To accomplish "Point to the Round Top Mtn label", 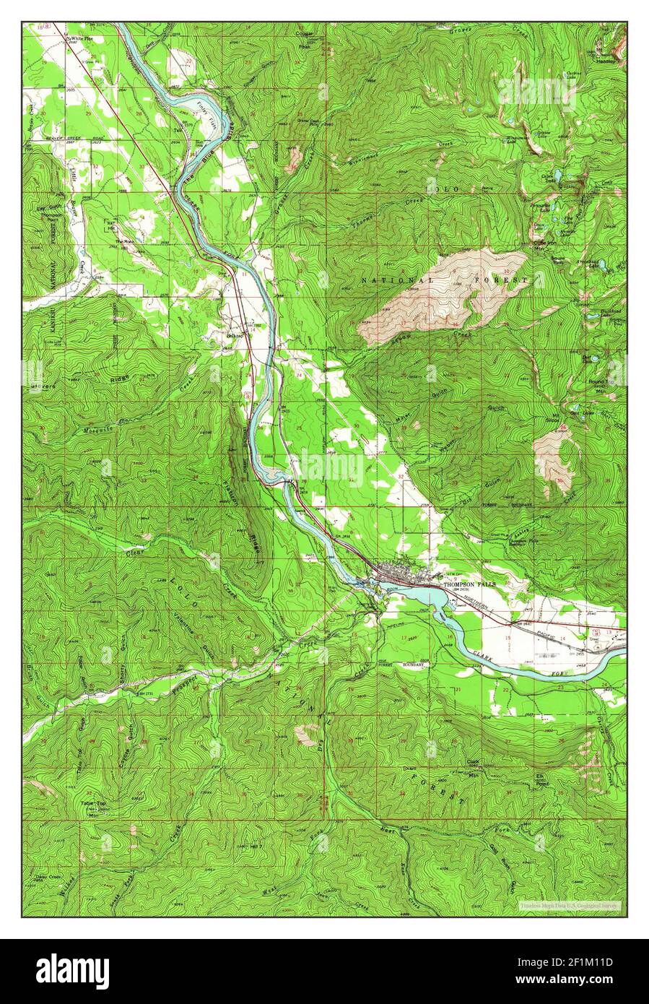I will pyautogui.click(x=599, y=384).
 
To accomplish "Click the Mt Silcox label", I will pyautogui.click(x=556, y=418).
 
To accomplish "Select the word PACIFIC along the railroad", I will pyautogui.click(x=554, y=631).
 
